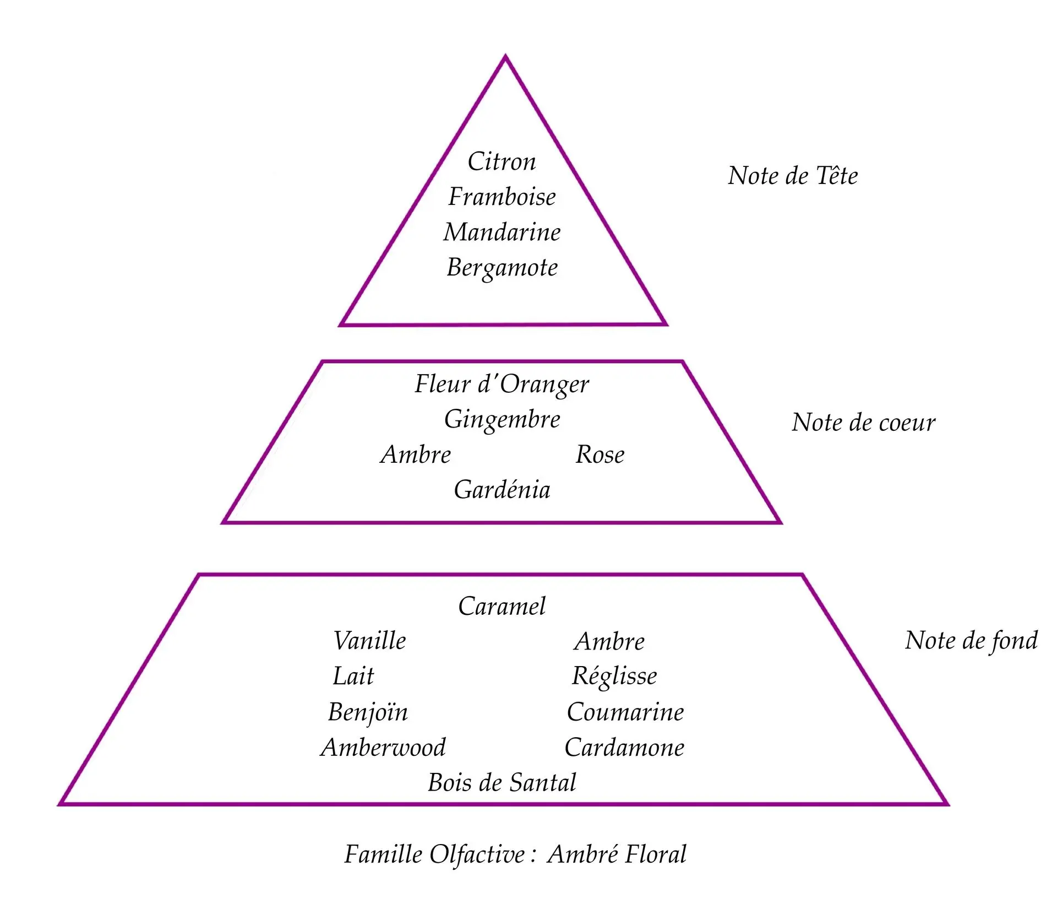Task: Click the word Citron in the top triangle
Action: click(502, 162)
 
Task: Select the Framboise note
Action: click(502, 197)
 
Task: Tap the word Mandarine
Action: click(502, 232)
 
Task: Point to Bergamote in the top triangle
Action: click(502, 268)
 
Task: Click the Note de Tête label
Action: click(793, 176)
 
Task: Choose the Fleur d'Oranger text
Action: click(502, 385)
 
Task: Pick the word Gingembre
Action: click(502, 420)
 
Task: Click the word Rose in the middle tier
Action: click(600, 455)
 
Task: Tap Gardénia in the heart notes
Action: click(502, 490)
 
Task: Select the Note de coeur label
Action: click(863, 423)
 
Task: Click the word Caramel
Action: click(502, 607)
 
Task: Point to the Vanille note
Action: click(369, 641)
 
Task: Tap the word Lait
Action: click(353, 677)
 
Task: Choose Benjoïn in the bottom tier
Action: click(368, 712)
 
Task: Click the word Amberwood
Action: click(383, 748)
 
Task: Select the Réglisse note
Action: click(614, 677)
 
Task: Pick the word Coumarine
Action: click(625, 712)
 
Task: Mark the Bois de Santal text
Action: click(502, 783)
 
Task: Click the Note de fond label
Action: click(971, 641)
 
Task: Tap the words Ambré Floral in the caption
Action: click(617, 854)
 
